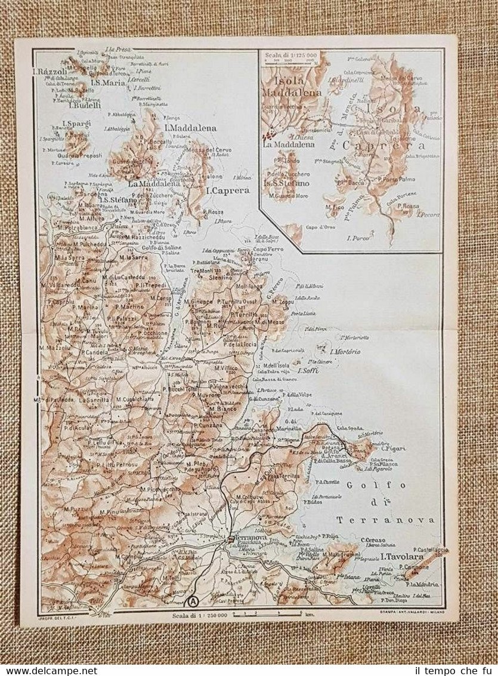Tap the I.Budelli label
85,106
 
